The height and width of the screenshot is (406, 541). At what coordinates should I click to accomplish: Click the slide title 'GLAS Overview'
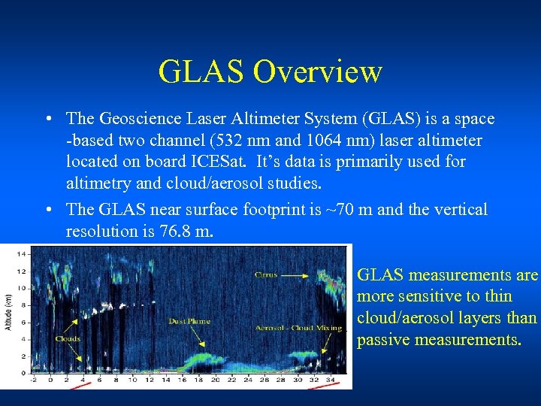(x=270, y=72)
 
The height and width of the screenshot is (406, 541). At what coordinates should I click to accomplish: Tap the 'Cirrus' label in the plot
(x=266, y=275)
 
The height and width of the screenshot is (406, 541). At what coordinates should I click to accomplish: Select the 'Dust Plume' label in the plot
(x=189, y=321)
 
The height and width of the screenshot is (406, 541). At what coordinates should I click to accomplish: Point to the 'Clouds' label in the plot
(x=68, y=338)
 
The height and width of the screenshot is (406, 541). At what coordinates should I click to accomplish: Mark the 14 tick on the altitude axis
(x=21, y=254)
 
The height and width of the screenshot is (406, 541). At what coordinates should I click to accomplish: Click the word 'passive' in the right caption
(x=383, y=339)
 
